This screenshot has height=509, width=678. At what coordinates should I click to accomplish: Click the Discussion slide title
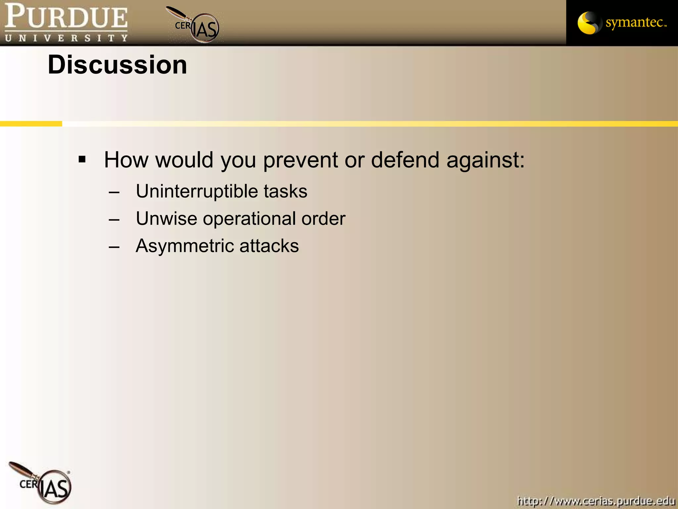(x=117, y=65)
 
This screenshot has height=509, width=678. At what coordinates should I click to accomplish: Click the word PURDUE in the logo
(x=66, y=17)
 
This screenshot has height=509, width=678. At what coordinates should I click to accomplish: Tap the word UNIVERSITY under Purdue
(x=66, y=38)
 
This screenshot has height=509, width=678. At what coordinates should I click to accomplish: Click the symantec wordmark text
(x=635, y=23)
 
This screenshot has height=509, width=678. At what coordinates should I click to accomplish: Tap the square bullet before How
(x=82, y=160)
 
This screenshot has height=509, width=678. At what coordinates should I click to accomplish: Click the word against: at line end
(x=485, y=160)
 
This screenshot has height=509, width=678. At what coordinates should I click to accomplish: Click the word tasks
(x=285, y=191)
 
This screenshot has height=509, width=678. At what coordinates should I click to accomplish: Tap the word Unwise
(x=167, y=219)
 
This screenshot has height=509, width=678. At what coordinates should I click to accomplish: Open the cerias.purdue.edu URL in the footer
(x=596, y=500)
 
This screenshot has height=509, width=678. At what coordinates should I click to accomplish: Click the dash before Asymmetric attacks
(x=114, y=247)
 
